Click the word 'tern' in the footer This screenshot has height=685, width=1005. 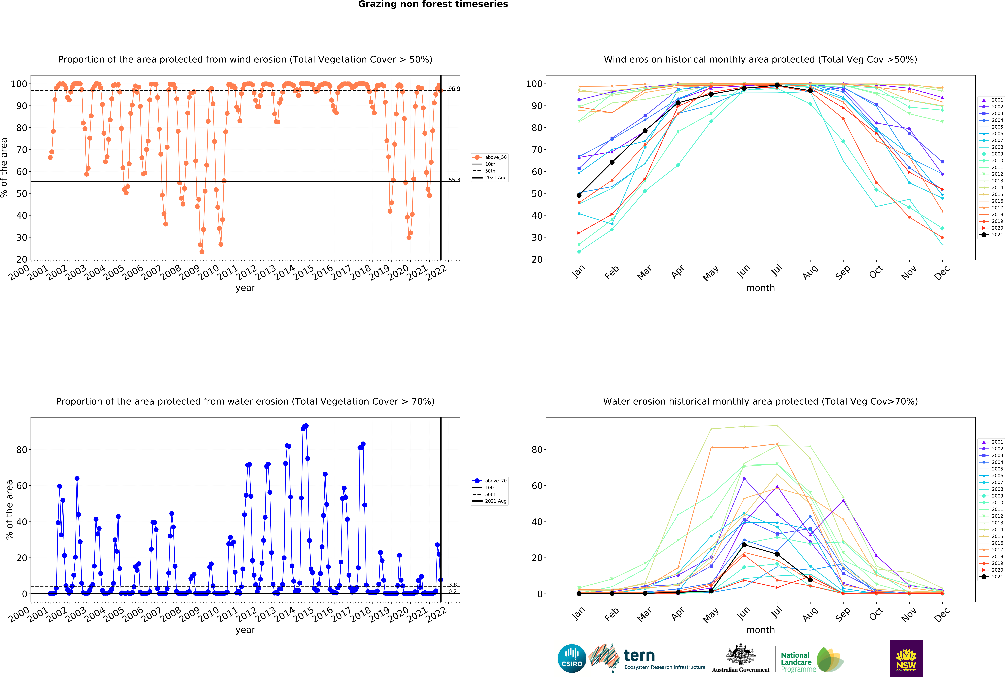(x=639, y=656)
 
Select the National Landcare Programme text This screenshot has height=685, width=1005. (x=798, y=662)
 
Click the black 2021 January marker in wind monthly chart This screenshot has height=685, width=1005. (x=579, y=195)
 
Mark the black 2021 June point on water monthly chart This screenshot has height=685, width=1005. (x=744, y=545)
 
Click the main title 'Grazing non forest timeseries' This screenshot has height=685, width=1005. (x=433, y=4)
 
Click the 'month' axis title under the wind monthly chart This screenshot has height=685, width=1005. (x=760, y=288)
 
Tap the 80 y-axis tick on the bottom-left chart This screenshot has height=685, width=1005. (x=22, y=450)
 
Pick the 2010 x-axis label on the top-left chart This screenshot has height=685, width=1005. (x=209, y=272)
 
